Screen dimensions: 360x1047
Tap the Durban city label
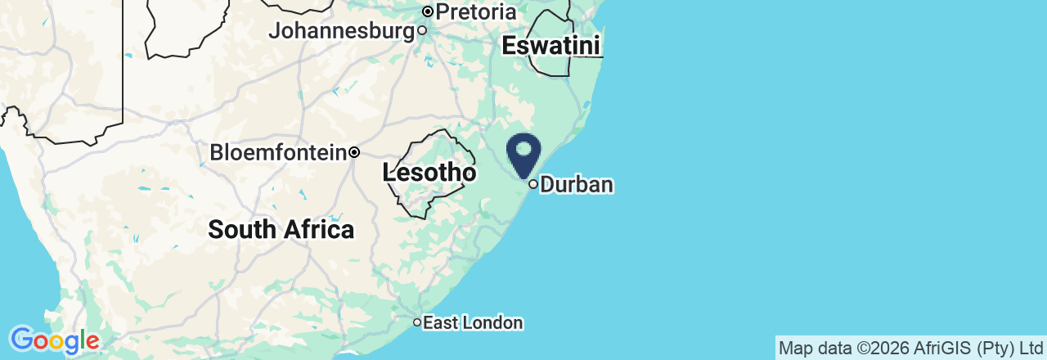[x=577, y=185]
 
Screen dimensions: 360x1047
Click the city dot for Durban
[x=533, y=185]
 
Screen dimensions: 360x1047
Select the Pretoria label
[x=476, y=12]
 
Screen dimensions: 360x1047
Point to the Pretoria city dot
[x=427, y=11]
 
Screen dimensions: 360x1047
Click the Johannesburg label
[x=342, y=31]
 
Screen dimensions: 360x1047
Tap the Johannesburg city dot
[x=422, y=31]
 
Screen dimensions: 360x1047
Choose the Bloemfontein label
[x=278, y=153]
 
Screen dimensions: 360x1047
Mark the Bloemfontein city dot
[x=354, y=152]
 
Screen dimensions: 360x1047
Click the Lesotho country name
[x=429, y=173]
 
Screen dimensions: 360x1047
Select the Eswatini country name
[x=551, y=46]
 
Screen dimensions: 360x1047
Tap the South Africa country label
[x=281, y=230]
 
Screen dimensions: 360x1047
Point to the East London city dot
[x=416, y=323]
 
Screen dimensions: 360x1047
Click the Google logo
[x=54, y=340]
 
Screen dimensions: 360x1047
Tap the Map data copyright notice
[x=910, y=349]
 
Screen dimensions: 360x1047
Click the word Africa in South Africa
[x=318, y=230]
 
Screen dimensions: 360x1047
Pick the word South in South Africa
[x=242, y=230]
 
